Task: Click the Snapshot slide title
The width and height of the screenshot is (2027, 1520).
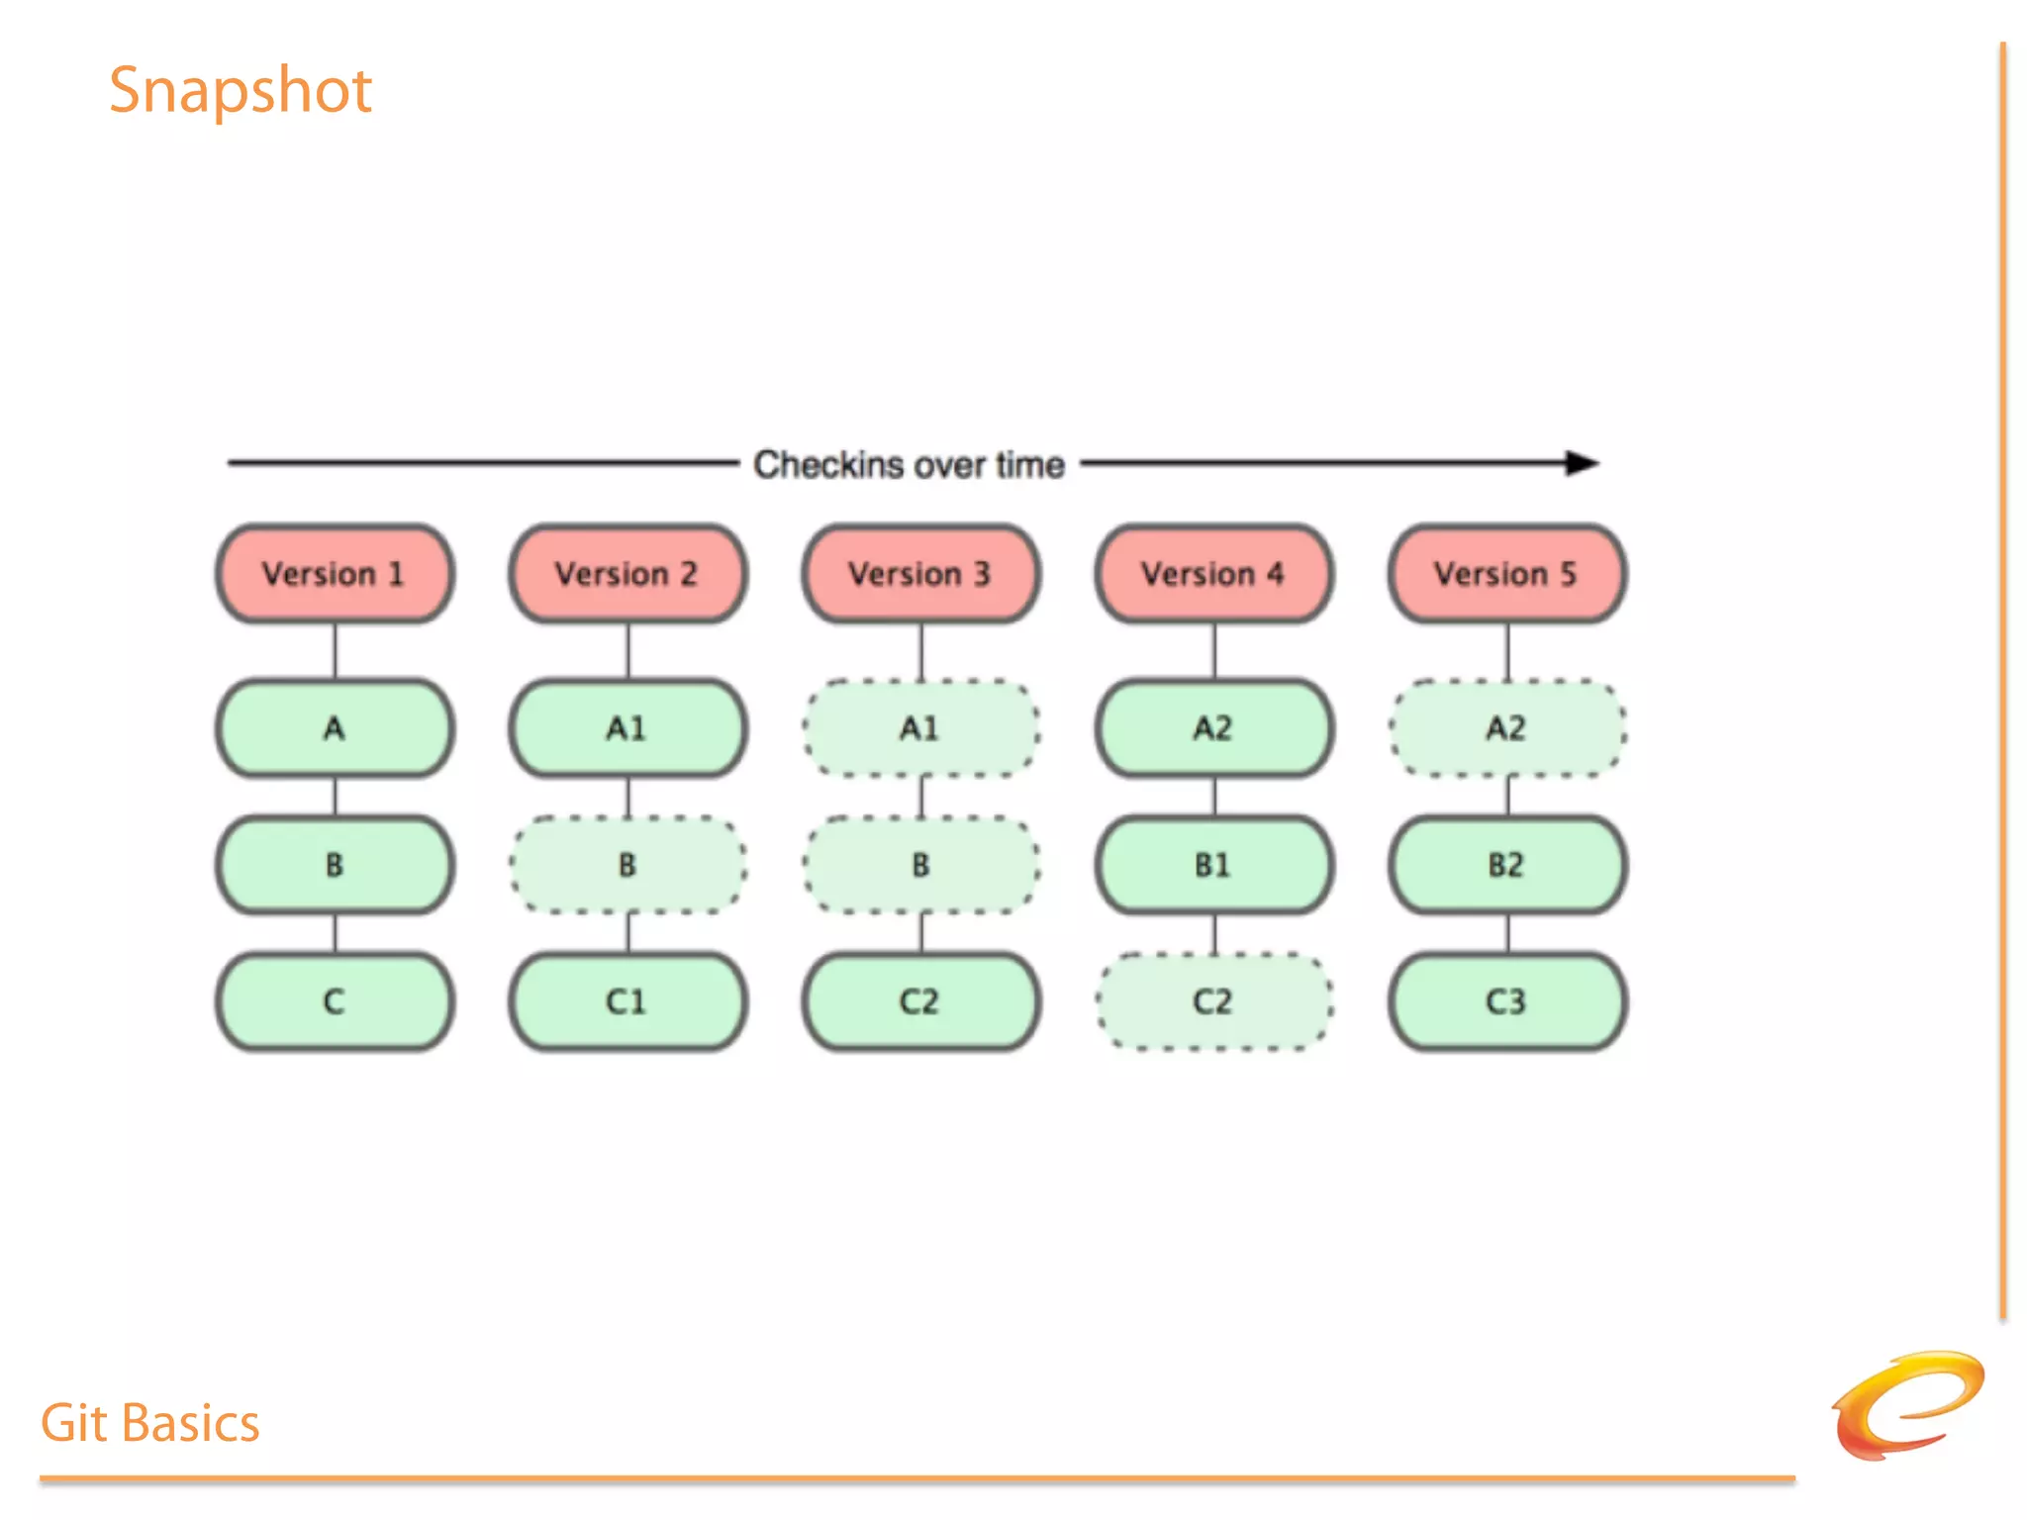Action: pos(240,91)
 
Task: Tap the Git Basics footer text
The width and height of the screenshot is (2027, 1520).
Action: pos(149,1423)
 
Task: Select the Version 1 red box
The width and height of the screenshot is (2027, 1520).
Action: pos(335,574)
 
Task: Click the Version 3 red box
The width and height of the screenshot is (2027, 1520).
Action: pos(920,574)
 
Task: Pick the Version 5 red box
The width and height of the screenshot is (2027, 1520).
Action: pos(1506,574)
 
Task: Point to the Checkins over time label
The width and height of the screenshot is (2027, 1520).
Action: pos(909,464)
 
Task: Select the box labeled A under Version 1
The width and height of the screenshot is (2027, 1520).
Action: pos(335,728)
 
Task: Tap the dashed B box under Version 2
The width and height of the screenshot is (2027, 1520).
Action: pos(627,865)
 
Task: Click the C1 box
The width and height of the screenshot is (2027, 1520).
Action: pos(627,1001)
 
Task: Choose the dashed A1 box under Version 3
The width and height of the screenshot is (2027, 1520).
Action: pos(920,728)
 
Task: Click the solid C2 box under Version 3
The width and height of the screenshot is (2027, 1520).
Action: pos(920,1001)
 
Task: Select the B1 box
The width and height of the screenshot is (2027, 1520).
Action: pos(1213,865)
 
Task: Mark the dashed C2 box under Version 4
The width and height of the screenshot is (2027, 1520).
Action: pos(1213,1001)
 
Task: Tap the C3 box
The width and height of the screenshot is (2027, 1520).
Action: pos(1506,1001)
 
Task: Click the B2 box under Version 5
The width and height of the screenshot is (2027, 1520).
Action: pos(1506,865)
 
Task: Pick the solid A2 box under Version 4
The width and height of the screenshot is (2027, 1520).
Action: pos(1213,728)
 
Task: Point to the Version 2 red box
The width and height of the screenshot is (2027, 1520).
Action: pos(627,574)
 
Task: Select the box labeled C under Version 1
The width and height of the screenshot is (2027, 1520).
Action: pos(335,1001)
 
